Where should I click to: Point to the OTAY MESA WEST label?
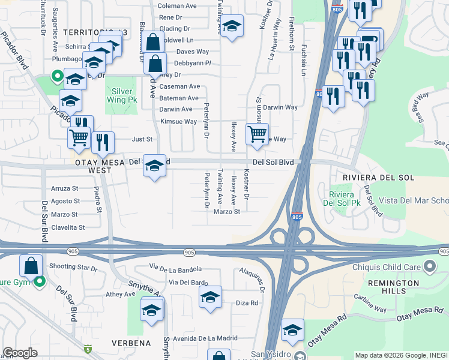point(93,166)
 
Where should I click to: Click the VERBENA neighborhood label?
point(131,343)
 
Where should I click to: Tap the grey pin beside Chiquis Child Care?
point(429,265)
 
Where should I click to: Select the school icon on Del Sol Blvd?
point(154,166)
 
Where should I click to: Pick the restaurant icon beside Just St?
point(104,142)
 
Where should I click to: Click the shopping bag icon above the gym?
point(31,265)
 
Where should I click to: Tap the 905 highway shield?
point(190,253)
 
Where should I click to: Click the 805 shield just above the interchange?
point(297,217)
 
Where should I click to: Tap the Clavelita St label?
point(68,228)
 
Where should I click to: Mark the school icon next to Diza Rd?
point(210,297)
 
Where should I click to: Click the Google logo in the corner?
point(20,353)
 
